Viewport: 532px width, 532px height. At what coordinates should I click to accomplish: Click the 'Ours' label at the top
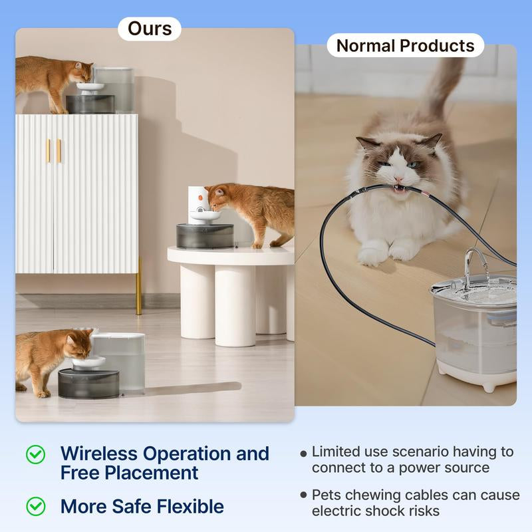pyautogui.click(x=150, y=29)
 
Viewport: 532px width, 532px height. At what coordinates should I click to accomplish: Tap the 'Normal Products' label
pyautogui.click(x=405, y=46)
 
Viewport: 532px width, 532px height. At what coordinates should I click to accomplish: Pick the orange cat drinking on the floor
pyautogui.click(x=50, y=359)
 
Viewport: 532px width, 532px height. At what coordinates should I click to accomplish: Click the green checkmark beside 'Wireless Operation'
pyautogui.click(x=35, y=454)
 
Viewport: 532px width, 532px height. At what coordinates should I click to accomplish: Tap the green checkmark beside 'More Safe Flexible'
pyautogui.click(x=35, y=506)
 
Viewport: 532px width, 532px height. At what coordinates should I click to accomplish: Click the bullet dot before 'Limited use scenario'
pyautogui.click(x=303, y=453)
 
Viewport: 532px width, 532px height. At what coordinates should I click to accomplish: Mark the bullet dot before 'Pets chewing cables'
pyautogui.click(x=303, y=495)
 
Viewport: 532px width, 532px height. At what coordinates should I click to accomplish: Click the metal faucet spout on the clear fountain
pyautogui.click(x=471, y=261)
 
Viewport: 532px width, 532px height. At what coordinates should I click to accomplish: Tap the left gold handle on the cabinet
pyautogui.click(x=48, y=150)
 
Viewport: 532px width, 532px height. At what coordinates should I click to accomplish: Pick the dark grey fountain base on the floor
pyautogui.click(x=88, y=384)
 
